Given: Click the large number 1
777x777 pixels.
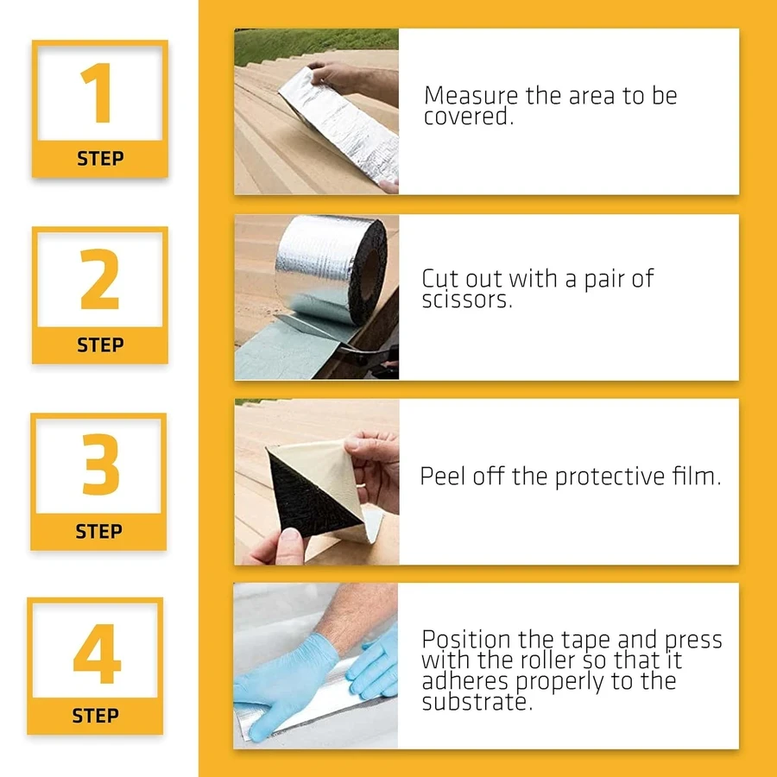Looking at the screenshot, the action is pos(96,92).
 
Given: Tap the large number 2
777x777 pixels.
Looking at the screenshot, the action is pos(99,279).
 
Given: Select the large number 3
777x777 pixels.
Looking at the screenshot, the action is pos(101,464).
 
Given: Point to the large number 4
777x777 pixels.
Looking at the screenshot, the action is pos(97,654).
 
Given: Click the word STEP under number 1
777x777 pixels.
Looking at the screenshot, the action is pos(100,159).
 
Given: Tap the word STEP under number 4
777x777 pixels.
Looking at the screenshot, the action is pos(95,716).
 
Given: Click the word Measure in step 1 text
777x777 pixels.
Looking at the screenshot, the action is pos(471,95).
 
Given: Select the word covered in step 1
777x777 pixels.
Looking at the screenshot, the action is pos(468,117).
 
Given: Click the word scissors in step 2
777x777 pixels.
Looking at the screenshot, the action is pos(467,300).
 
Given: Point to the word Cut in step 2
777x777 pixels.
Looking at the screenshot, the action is pos(440,279).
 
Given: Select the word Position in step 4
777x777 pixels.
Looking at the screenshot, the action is pos(466,639).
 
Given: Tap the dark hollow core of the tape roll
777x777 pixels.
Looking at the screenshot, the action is pos(370,275).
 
